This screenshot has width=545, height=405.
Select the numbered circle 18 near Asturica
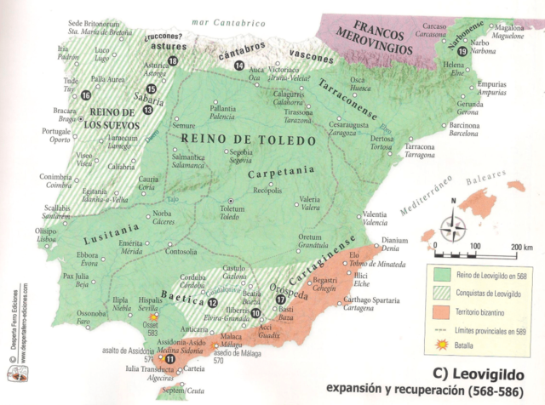click(x=174, y=60)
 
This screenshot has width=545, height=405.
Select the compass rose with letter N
click(x=452, y=225)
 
